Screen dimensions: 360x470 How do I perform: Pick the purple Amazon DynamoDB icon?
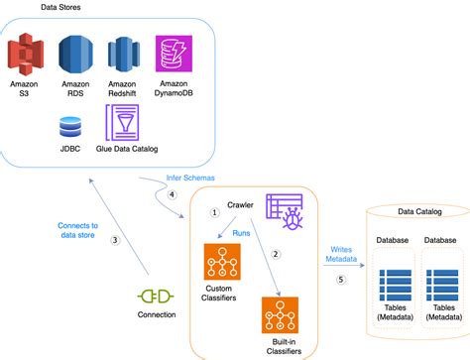coord(173,54)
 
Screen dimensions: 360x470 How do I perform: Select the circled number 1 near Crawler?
coord(213,212)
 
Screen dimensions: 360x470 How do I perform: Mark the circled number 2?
coord(277,254)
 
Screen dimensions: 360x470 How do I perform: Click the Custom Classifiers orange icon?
coord(220,263)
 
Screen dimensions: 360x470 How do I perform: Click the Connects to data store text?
coord(77,232)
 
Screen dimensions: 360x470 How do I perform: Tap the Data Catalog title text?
coord(420,211)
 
